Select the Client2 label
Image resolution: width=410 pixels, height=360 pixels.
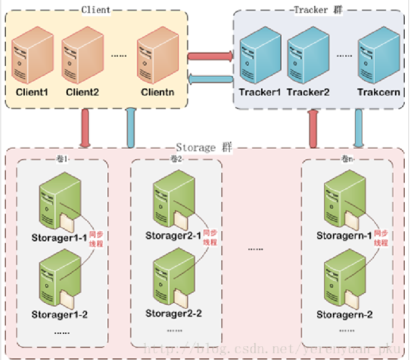(83, 92)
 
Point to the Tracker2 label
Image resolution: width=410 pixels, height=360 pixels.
(308, 92)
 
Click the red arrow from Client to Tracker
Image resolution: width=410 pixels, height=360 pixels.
(210, 56)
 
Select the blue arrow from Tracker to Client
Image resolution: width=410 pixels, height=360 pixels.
(210, 79)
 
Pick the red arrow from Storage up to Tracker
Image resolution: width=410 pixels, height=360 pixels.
(314, 128)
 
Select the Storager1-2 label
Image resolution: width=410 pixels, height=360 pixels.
(59, 315)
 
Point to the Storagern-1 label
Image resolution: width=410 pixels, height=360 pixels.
(344, 236)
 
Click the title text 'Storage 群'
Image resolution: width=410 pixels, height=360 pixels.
(203, 148)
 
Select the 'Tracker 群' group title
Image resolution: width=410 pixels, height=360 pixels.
(317, 10)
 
